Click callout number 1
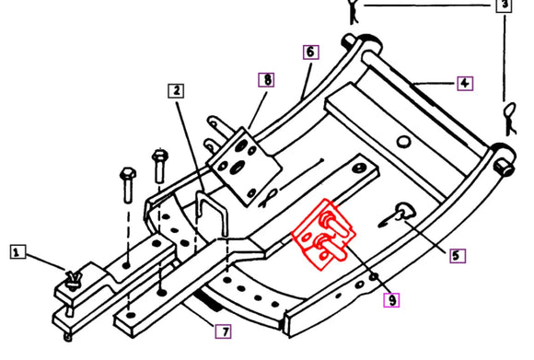16,250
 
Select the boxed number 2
175,90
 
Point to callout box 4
465,83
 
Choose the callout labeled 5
458,256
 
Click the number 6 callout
309,52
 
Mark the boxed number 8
266,79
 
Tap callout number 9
392,299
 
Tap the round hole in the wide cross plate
402,140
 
